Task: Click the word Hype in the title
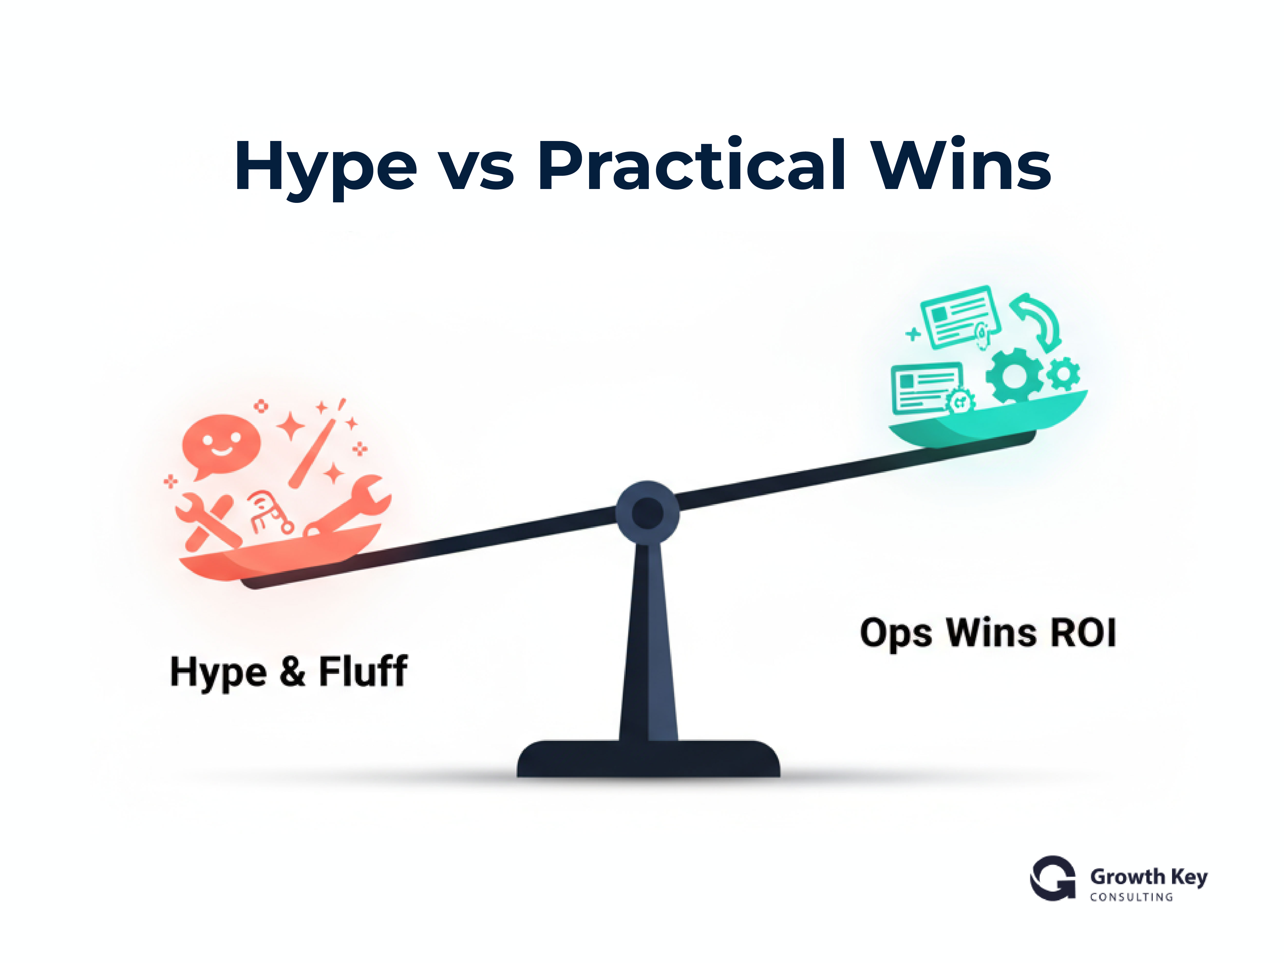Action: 325,167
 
